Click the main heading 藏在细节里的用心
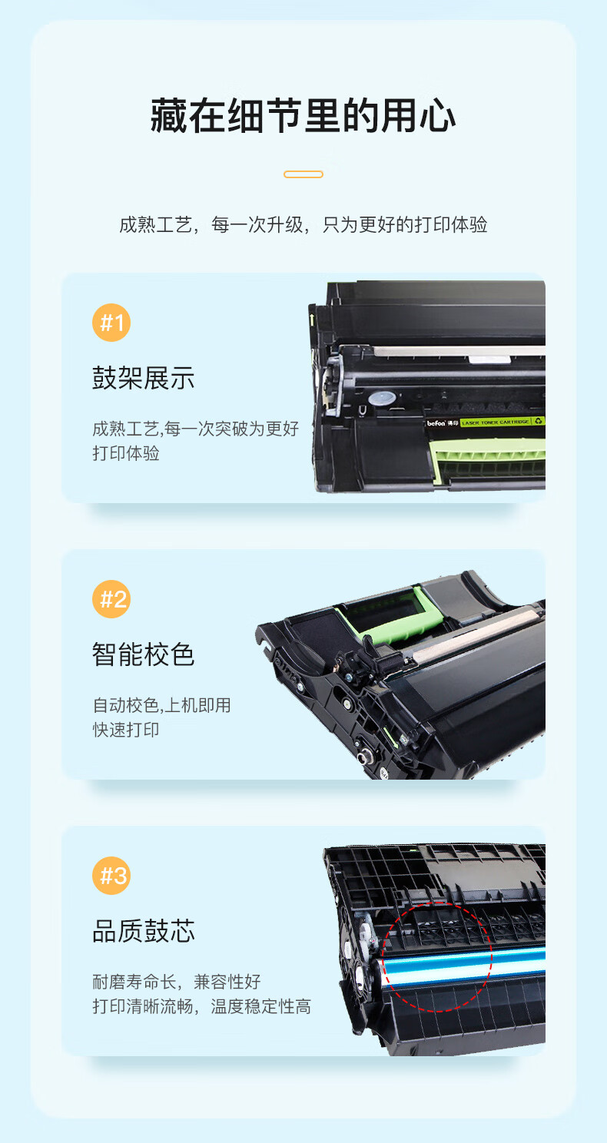coord(303,116)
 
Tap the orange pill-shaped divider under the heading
coord(303,174)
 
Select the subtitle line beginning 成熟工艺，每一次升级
coord(303,224)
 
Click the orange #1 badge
coord(111,323)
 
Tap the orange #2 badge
coord(111,599)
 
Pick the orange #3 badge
coord(111,876)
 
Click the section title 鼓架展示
coord(144,378)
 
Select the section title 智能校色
coord(144,654)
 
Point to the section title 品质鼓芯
coord(144,931)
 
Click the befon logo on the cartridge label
coord(436,423)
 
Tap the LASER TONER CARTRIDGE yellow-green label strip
coord(503,422)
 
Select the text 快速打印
coord(125,730)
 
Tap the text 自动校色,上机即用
coord(161,705)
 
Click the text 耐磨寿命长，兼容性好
coord(176,982)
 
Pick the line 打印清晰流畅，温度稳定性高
coord(201,1007)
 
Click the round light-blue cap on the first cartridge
coord(382,399)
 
